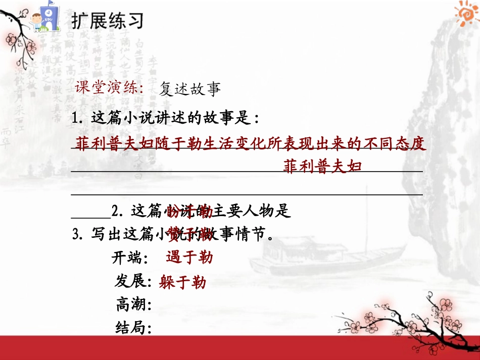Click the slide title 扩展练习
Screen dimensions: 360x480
tap(107, 21)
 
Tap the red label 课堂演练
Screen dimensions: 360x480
tap(109, 88)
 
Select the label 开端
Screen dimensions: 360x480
tap(129, 259)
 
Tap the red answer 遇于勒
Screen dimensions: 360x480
tap(189, 258)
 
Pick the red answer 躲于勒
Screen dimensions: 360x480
tap(182, 282)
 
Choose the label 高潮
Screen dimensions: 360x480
tap(133, 304)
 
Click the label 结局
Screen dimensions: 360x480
tap(133, 328)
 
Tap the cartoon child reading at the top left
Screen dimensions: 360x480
tap(38, 23)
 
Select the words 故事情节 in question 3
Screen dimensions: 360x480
tap(243, 234)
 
